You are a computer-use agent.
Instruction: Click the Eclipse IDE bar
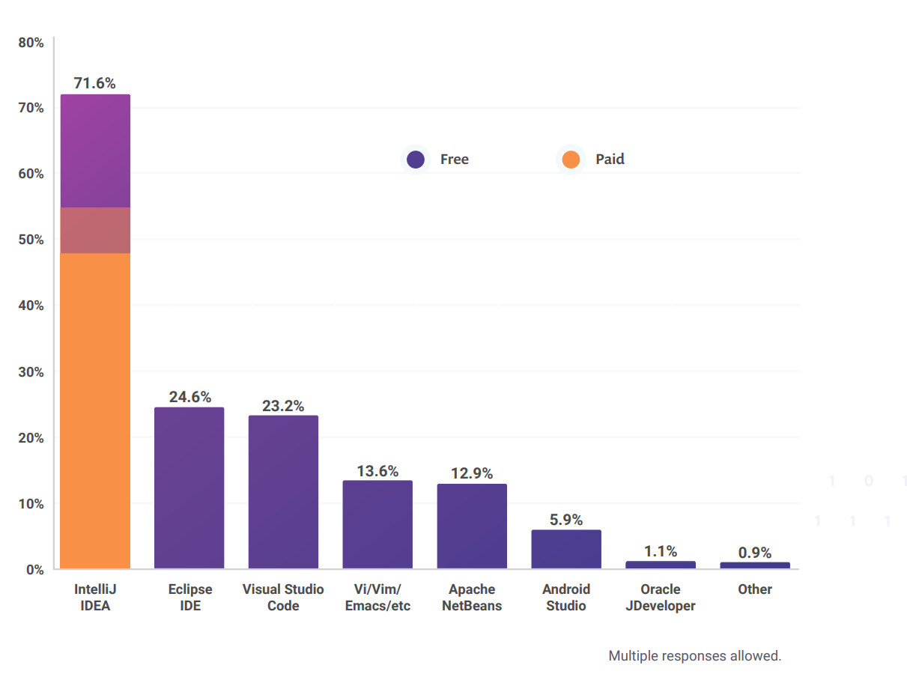coord(189,488)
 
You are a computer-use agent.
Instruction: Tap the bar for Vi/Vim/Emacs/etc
coord(377,524)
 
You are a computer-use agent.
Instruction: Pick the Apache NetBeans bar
coord(472,526)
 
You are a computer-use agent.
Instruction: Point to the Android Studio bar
coord(566,549)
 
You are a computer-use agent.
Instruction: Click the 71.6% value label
coord(95,83)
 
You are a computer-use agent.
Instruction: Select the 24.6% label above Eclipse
coord(189,397)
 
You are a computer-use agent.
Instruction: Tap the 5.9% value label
coord(566,520)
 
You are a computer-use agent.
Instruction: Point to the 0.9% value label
coord(755,553)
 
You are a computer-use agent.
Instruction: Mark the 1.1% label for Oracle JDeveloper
coord(661,551)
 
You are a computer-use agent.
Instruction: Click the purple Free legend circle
coord(415,160)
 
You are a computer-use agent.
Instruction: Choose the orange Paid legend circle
coord(571,160)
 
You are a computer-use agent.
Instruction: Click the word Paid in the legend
coord(610,160)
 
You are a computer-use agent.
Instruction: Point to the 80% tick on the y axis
coord(31,43)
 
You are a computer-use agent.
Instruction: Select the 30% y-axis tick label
coord(31,372)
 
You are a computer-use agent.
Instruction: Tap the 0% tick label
coord(34,570)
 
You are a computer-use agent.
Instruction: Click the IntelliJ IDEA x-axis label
coord(95,598)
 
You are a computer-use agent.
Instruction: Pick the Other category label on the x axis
coord(755,589)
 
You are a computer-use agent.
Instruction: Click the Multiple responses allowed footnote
coord(694,656)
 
